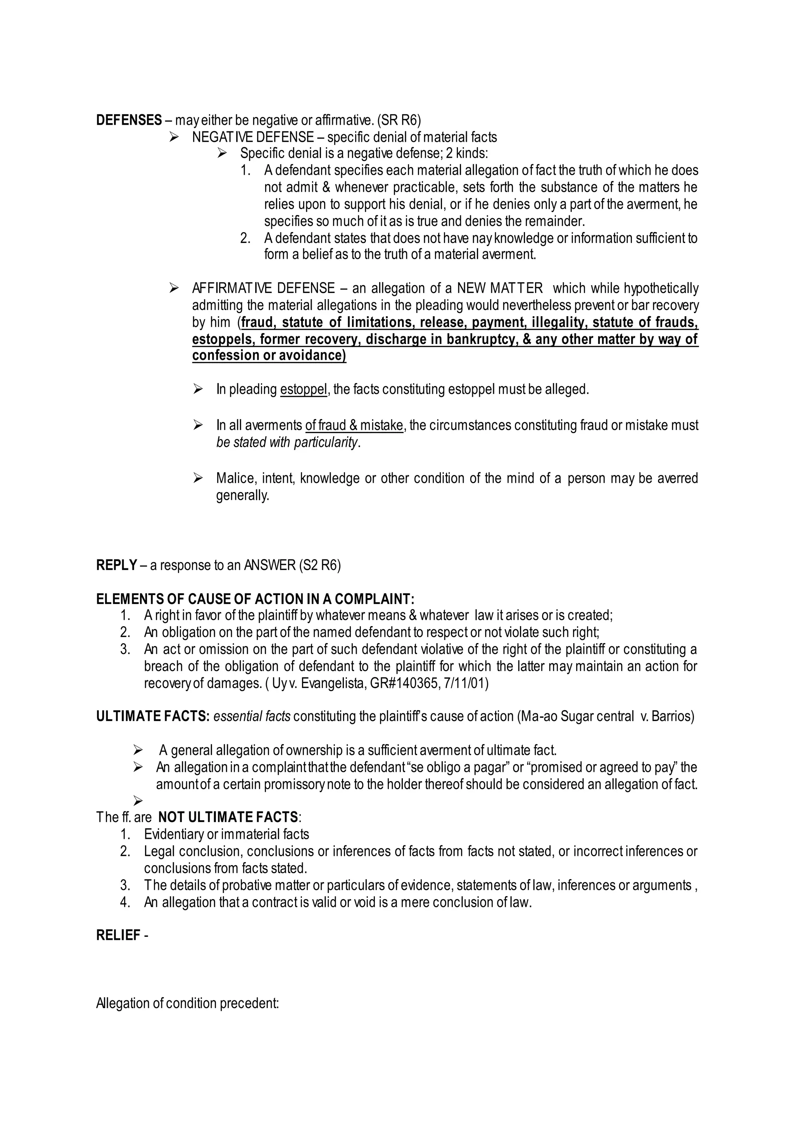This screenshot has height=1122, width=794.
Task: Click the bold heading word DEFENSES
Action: (x=129, y=120)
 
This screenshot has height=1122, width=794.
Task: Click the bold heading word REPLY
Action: (x=116, y=565)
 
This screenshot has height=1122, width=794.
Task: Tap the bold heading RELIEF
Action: (x=118, y=935)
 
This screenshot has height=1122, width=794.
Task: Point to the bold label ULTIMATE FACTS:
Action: (x=153, y=716)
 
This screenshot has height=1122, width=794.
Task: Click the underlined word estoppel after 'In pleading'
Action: (x=303, y=389)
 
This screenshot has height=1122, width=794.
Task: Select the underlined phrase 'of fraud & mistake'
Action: (x=354, y=426)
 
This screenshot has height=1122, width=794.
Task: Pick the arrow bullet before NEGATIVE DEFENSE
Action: (x=174, y=137)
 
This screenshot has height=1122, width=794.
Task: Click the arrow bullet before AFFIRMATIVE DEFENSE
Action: (x=174, y=288)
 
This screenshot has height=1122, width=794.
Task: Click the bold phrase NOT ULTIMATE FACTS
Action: (x=228, y=817)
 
